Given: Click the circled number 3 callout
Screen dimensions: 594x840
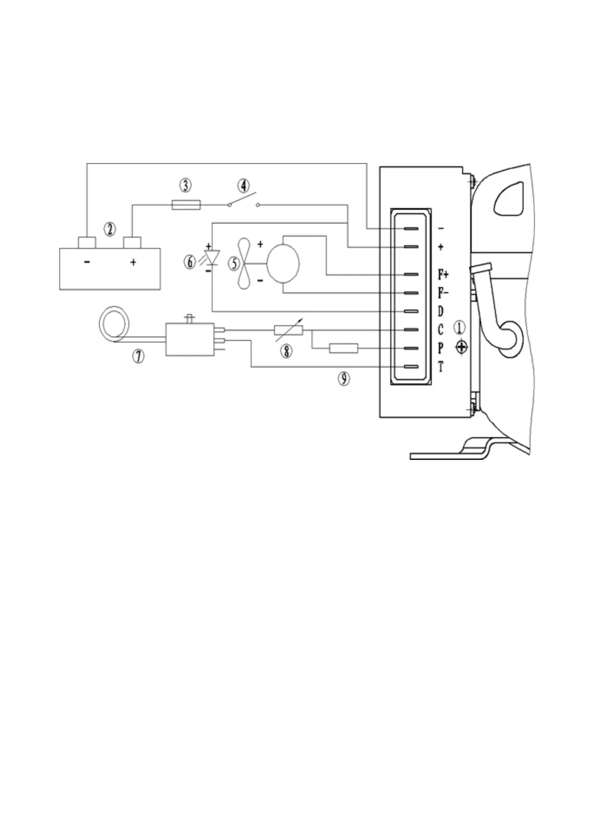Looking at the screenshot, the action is click(185, 186).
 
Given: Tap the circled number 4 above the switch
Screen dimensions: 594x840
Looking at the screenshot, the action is click(243, 187).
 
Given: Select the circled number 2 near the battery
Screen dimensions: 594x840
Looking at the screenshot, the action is click(110, 229).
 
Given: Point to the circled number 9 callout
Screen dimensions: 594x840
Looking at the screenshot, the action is click(344, 379).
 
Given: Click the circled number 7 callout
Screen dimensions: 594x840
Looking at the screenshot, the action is click(138, 356).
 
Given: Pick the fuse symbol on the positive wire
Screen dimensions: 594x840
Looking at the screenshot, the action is click(186, 205).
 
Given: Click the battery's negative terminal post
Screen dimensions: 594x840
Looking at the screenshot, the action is click(87, 242).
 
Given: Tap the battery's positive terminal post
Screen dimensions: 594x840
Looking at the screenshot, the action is click(132, 242).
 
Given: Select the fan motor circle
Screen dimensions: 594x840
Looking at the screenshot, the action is click(283, 263).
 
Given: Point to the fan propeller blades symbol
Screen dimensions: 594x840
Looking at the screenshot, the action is click(244, 263).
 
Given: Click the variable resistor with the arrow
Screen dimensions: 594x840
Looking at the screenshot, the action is click(288, 330).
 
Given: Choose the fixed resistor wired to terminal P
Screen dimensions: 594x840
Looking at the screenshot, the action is click(343, 348).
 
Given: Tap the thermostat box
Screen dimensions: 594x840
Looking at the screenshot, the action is click(190, 339).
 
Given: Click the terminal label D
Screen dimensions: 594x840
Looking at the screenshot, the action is click(440, 311).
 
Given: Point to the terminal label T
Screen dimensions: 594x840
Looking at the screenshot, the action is click(440, 368).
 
